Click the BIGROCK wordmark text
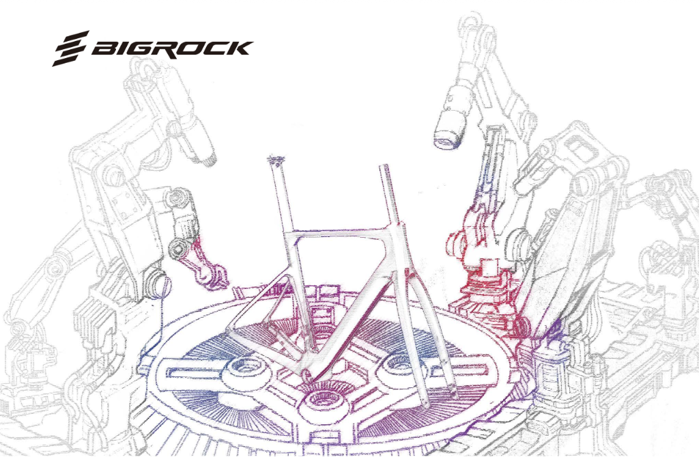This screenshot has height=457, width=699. click(x=172, y=49)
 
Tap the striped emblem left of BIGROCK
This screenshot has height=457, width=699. click(x=71, y=49)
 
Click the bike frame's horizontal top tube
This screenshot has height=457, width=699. click(x=334, y=237)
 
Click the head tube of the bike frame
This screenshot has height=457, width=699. click(x=394, y=246)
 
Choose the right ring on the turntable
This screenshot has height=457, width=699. click(x=400, y=365)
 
